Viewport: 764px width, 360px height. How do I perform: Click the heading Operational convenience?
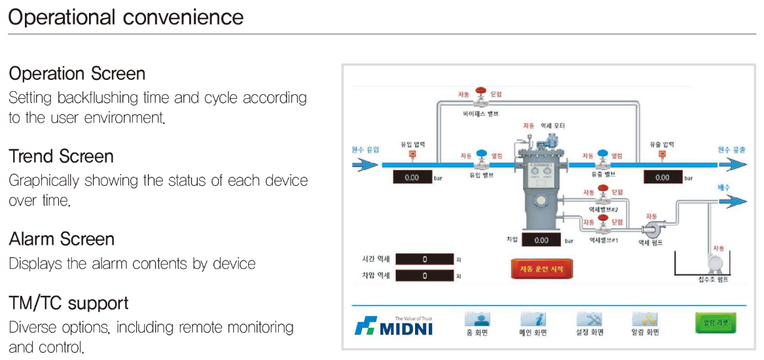pyautogui.click(x=126, y=16)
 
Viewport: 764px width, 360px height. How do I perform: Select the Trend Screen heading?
pyautogui.click(x=62, y=156)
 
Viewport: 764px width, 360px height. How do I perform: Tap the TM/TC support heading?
pyautogui.click(x=69, y=303)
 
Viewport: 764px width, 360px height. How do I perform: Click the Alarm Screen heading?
pyautogui.click(x=62, y=239)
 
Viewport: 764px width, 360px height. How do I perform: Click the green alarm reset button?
pyautogui.click(x=715, y=323)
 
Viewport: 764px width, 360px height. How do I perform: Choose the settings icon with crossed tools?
pyautogui.click(x=589, y=319)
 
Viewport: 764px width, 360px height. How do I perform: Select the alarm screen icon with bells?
pyautogui.click(x=645, y=319)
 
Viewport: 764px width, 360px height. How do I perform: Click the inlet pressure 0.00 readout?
pyautogui.click(x=412, y=177)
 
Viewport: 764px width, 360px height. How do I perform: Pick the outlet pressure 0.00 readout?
pyautogui.click(x=663, y=177)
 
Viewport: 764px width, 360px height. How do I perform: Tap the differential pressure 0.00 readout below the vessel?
pyautogui.click(x=541, y=240)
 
